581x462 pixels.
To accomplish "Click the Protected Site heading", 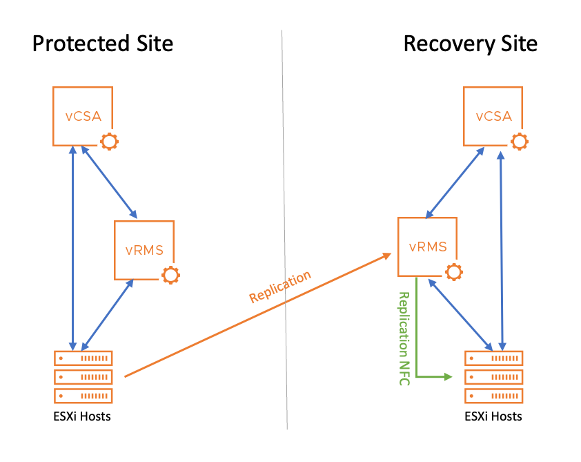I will tap(103, 44).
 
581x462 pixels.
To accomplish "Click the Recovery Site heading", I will tap(470, 44).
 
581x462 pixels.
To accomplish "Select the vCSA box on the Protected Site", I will tap(83, 116).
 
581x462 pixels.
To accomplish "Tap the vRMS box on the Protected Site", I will tap(144, 250).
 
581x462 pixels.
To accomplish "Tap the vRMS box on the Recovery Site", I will tap(428, 247).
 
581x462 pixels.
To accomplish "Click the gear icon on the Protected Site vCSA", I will tap(109, 142).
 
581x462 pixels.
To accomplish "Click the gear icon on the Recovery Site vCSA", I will tap(520, 142).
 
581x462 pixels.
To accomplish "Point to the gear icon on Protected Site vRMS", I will tap(170, 275).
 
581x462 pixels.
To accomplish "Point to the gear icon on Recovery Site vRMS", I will tap(453, 271).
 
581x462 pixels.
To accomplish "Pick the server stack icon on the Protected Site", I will tap(83, 377).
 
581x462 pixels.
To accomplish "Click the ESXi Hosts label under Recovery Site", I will tap(493, 416).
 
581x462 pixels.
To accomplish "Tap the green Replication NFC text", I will tap(404, 338).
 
